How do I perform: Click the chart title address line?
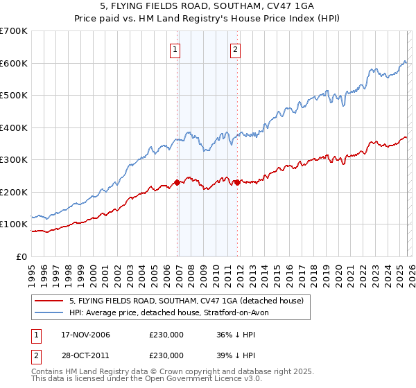pos(208,6)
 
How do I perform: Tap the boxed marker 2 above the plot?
pos(236,49)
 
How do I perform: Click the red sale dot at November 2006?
pos(177,182)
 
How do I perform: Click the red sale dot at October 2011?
pos(238,182)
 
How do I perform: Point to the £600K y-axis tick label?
pos(13,63)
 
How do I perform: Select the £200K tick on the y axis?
pos(13,192)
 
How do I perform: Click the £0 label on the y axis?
pos(21,256)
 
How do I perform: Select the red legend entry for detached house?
pos(186,301)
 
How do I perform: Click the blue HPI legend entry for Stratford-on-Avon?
pos(173,313)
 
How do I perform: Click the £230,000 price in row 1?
pos(166,335)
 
